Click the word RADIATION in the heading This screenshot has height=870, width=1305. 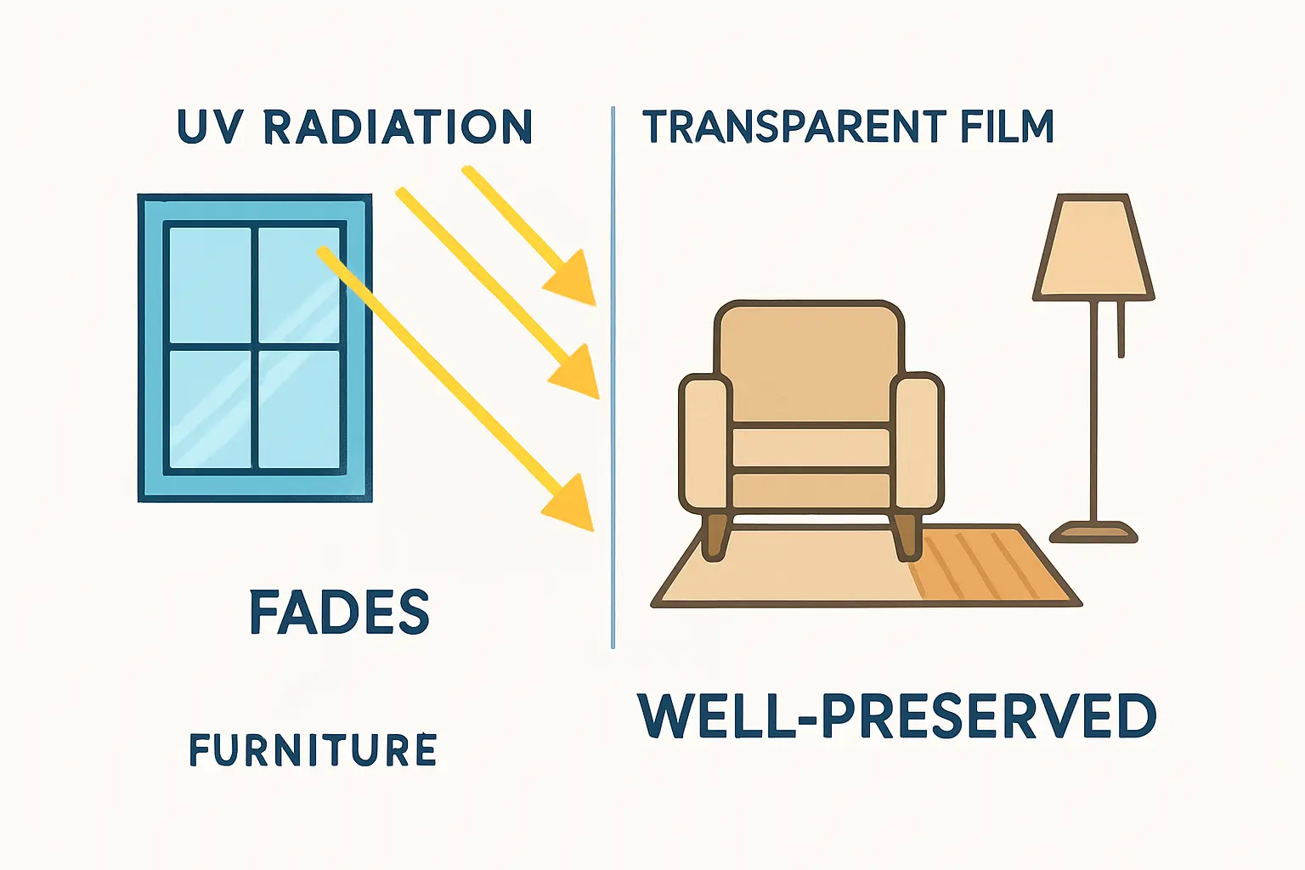[x=398, y=127]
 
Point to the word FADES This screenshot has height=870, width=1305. [x=340, y=613]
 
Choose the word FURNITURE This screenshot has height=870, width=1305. [x=313, y=751]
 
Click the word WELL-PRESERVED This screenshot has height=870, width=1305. [x=896, y=716]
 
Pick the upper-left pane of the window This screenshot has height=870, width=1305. [x=210, y=285]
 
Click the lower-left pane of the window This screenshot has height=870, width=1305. [x=210, y=409]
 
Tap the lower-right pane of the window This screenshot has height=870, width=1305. [x=299, y=409]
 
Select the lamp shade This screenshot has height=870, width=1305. [x=1093, y=248]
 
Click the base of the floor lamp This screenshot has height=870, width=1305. [x=1093, y=533]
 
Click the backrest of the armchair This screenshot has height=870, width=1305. [x=810, y=361]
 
